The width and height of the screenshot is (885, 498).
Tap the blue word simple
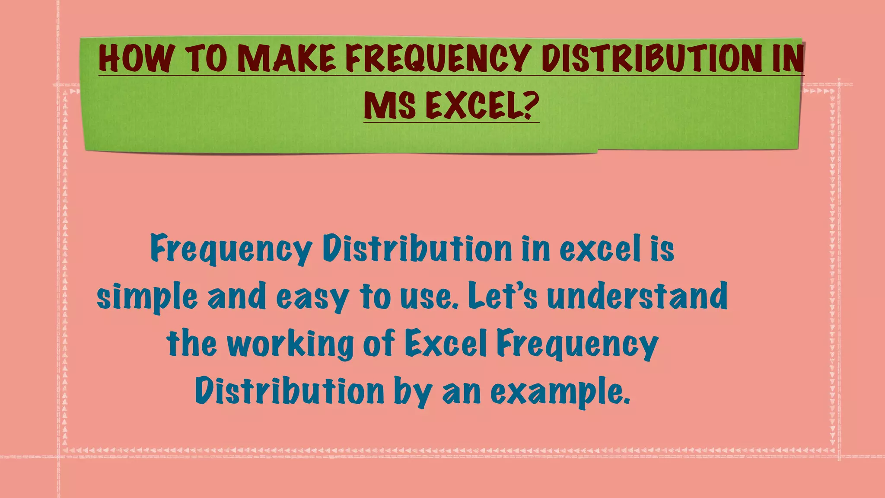147,297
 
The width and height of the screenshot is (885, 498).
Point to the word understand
637,297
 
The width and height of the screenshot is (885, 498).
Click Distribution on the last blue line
290,391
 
